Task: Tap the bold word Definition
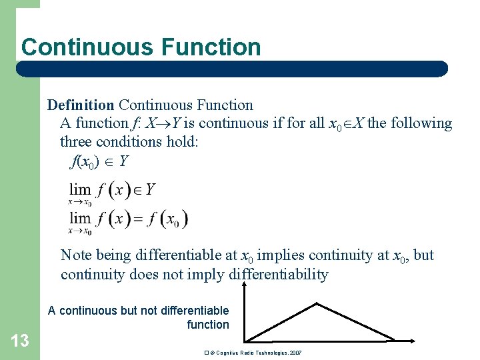(x=81, y=105)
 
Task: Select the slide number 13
(x=20, y=341)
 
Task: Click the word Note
(x=77, y=255)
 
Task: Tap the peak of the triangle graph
(x=317, y=305)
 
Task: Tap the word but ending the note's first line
(x=424, y=255)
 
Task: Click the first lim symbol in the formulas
(x=80, y=190)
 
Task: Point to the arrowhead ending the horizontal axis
(x=413, y=341)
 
